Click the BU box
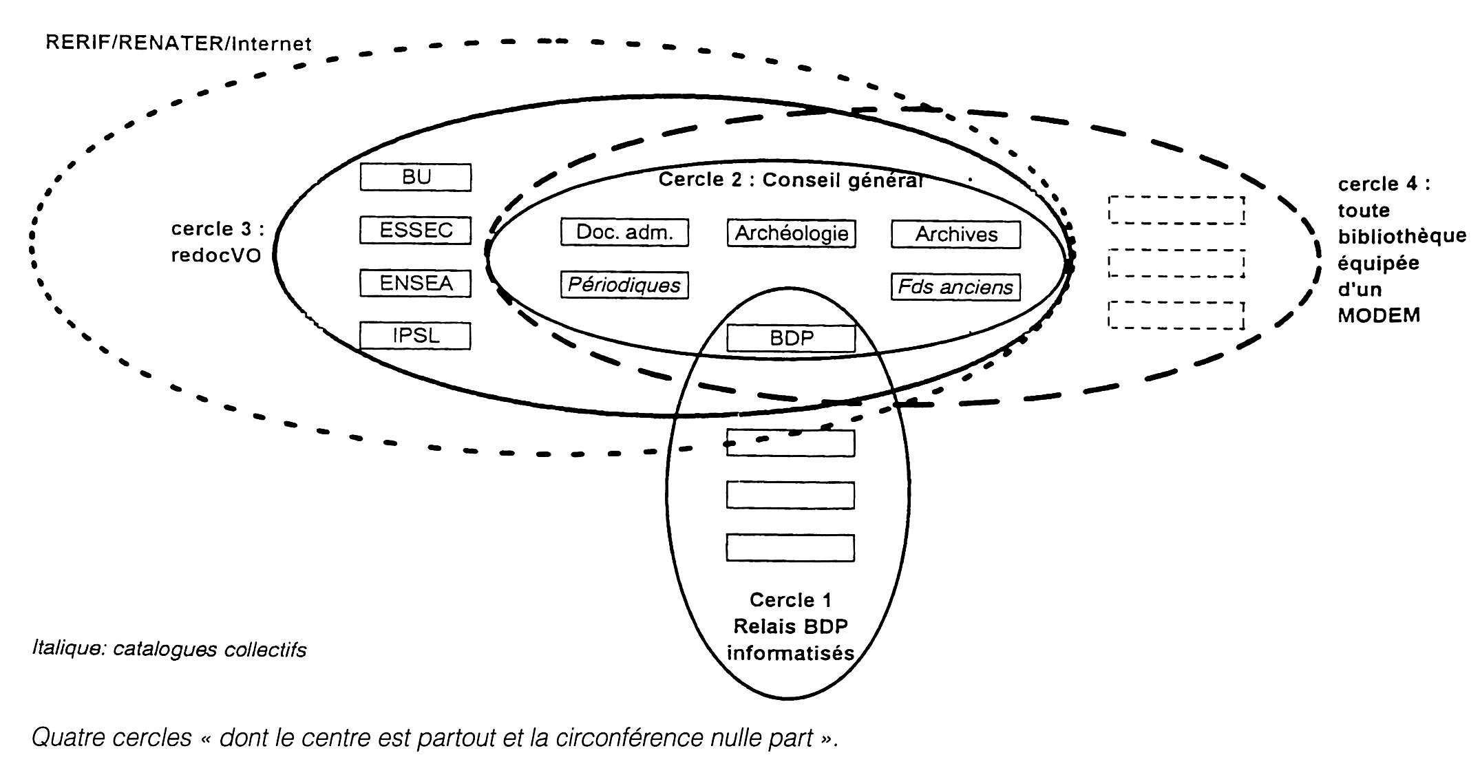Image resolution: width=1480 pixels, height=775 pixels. [x=415, y=177]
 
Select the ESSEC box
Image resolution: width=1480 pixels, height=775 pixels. [x=415, y=230]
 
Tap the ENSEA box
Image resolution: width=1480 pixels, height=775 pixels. [x=415, y=283]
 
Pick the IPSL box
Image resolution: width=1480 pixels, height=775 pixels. [x=415, y=336]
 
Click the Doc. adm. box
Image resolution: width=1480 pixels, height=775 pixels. [x=624, y=233]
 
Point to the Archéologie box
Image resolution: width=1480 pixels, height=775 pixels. [x=791, y=233]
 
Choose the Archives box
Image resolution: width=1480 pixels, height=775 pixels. [x=955, y=235]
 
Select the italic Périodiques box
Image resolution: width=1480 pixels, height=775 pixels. [x=624, y=285]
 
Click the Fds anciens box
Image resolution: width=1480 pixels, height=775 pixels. [x=955, y=287]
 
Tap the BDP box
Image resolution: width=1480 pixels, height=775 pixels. [x=791, y=339]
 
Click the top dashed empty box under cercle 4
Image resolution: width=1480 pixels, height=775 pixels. [x=1176, y=210]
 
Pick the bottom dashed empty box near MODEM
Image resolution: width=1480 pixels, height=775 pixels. [x=1176, y=315]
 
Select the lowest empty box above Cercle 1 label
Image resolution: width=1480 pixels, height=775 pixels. [x=790, y=548]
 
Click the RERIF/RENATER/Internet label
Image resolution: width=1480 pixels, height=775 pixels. [x=178, y=43]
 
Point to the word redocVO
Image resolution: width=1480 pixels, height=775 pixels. [x=216, y=255]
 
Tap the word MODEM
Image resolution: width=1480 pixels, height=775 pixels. [x=1379, y=315]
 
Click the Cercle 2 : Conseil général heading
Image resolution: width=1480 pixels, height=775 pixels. [x=790, y=180]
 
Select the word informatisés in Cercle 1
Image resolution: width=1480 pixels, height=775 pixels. [x=790, y=652]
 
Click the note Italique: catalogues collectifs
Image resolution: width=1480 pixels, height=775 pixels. [x=169, y=649]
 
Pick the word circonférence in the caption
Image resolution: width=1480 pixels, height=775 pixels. [x=637, y=738]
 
